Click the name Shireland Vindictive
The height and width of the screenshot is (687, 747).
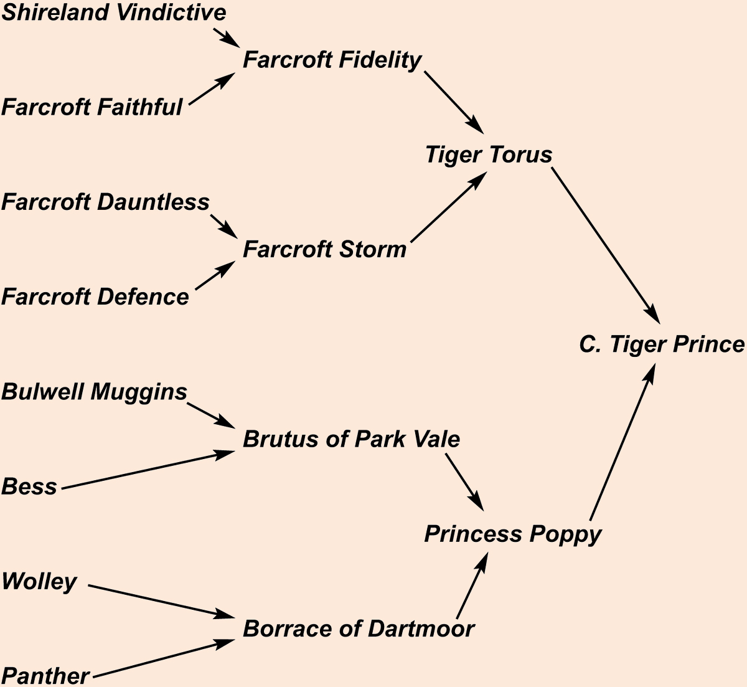coord(114,12)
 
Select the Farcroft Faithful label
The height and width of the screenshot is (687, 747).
coord(92,107)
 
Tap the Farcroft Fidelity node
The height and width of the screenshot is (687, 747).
coord(332,60)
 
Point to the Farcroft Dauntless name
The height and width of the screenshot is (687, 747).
coord(105,202)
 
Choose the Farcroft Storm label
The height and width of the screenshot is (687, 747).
coord(324,249)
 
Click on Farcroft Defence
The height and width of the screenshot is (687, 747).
coord(95,296)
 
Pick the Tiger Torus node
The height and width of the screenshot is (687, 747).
coord(489,154)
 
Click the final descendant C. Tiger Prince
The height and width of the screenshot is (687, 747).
coord(661,344)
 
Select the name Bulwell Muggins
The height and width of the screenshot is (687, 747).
coord(94,392)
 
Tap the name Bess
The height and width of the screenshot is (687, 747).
coord(29,486)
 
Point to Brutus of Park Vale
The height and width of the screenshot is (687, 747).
coord(351,439)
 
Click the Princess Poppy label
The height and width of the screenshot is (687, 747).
coord(513,534)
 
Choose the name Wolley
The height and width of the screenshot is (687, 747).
coord(39,581)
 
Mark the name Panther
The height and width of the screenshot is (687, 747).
coord(45,676)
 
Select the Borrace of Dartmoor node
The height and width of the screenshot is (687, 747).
coord(359,628)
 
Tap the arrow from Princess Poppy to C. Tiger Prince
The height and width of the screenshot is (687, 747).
coord(622,442)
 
